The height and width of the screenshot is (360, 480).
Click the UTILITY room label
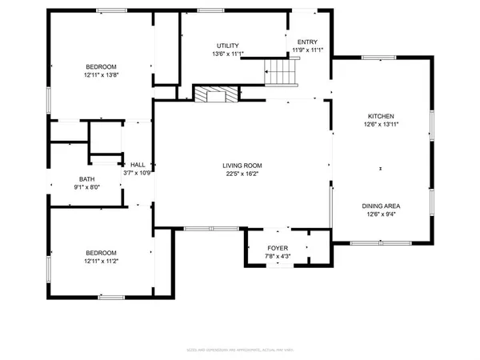click(x=228, y=46)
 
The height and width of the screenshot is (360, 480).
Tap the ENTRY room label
click(x=307, y=42)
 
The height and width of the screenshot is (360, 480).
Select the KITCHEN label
click(x=380, y=116)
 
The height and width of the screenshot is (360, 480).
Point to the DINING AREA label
click(x=382, y=206)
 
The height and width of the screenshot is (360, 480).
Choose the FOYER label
click(x=278, y=249)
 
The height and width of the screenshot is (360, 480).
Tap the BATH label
click(x=88, y=179)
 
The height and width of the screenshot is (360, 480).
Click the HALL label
click(x=138, y=164)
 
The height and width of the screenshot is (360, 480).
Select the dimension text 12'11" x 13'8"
click(x=102, y=74)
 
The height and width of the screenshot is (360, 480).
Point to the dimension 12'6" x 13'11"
click(x=380, y=124)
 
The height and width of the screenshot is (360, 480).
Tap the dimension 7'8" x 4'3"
click(x=278, y=257)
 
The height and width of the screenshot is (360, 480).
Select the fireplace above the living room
click(x=216, y=94)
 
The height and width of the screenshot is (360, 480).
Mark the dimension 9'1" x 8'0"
click(x=88, y=188)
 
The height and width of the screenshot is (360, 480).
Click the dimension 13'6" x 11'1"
click(x=228, y=54)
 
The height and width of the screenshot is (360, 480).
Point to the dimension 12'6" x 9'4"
click(x=382, y=214)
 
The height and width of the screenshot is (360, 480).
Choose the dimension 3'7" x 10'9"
click(x=138, y=172)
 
